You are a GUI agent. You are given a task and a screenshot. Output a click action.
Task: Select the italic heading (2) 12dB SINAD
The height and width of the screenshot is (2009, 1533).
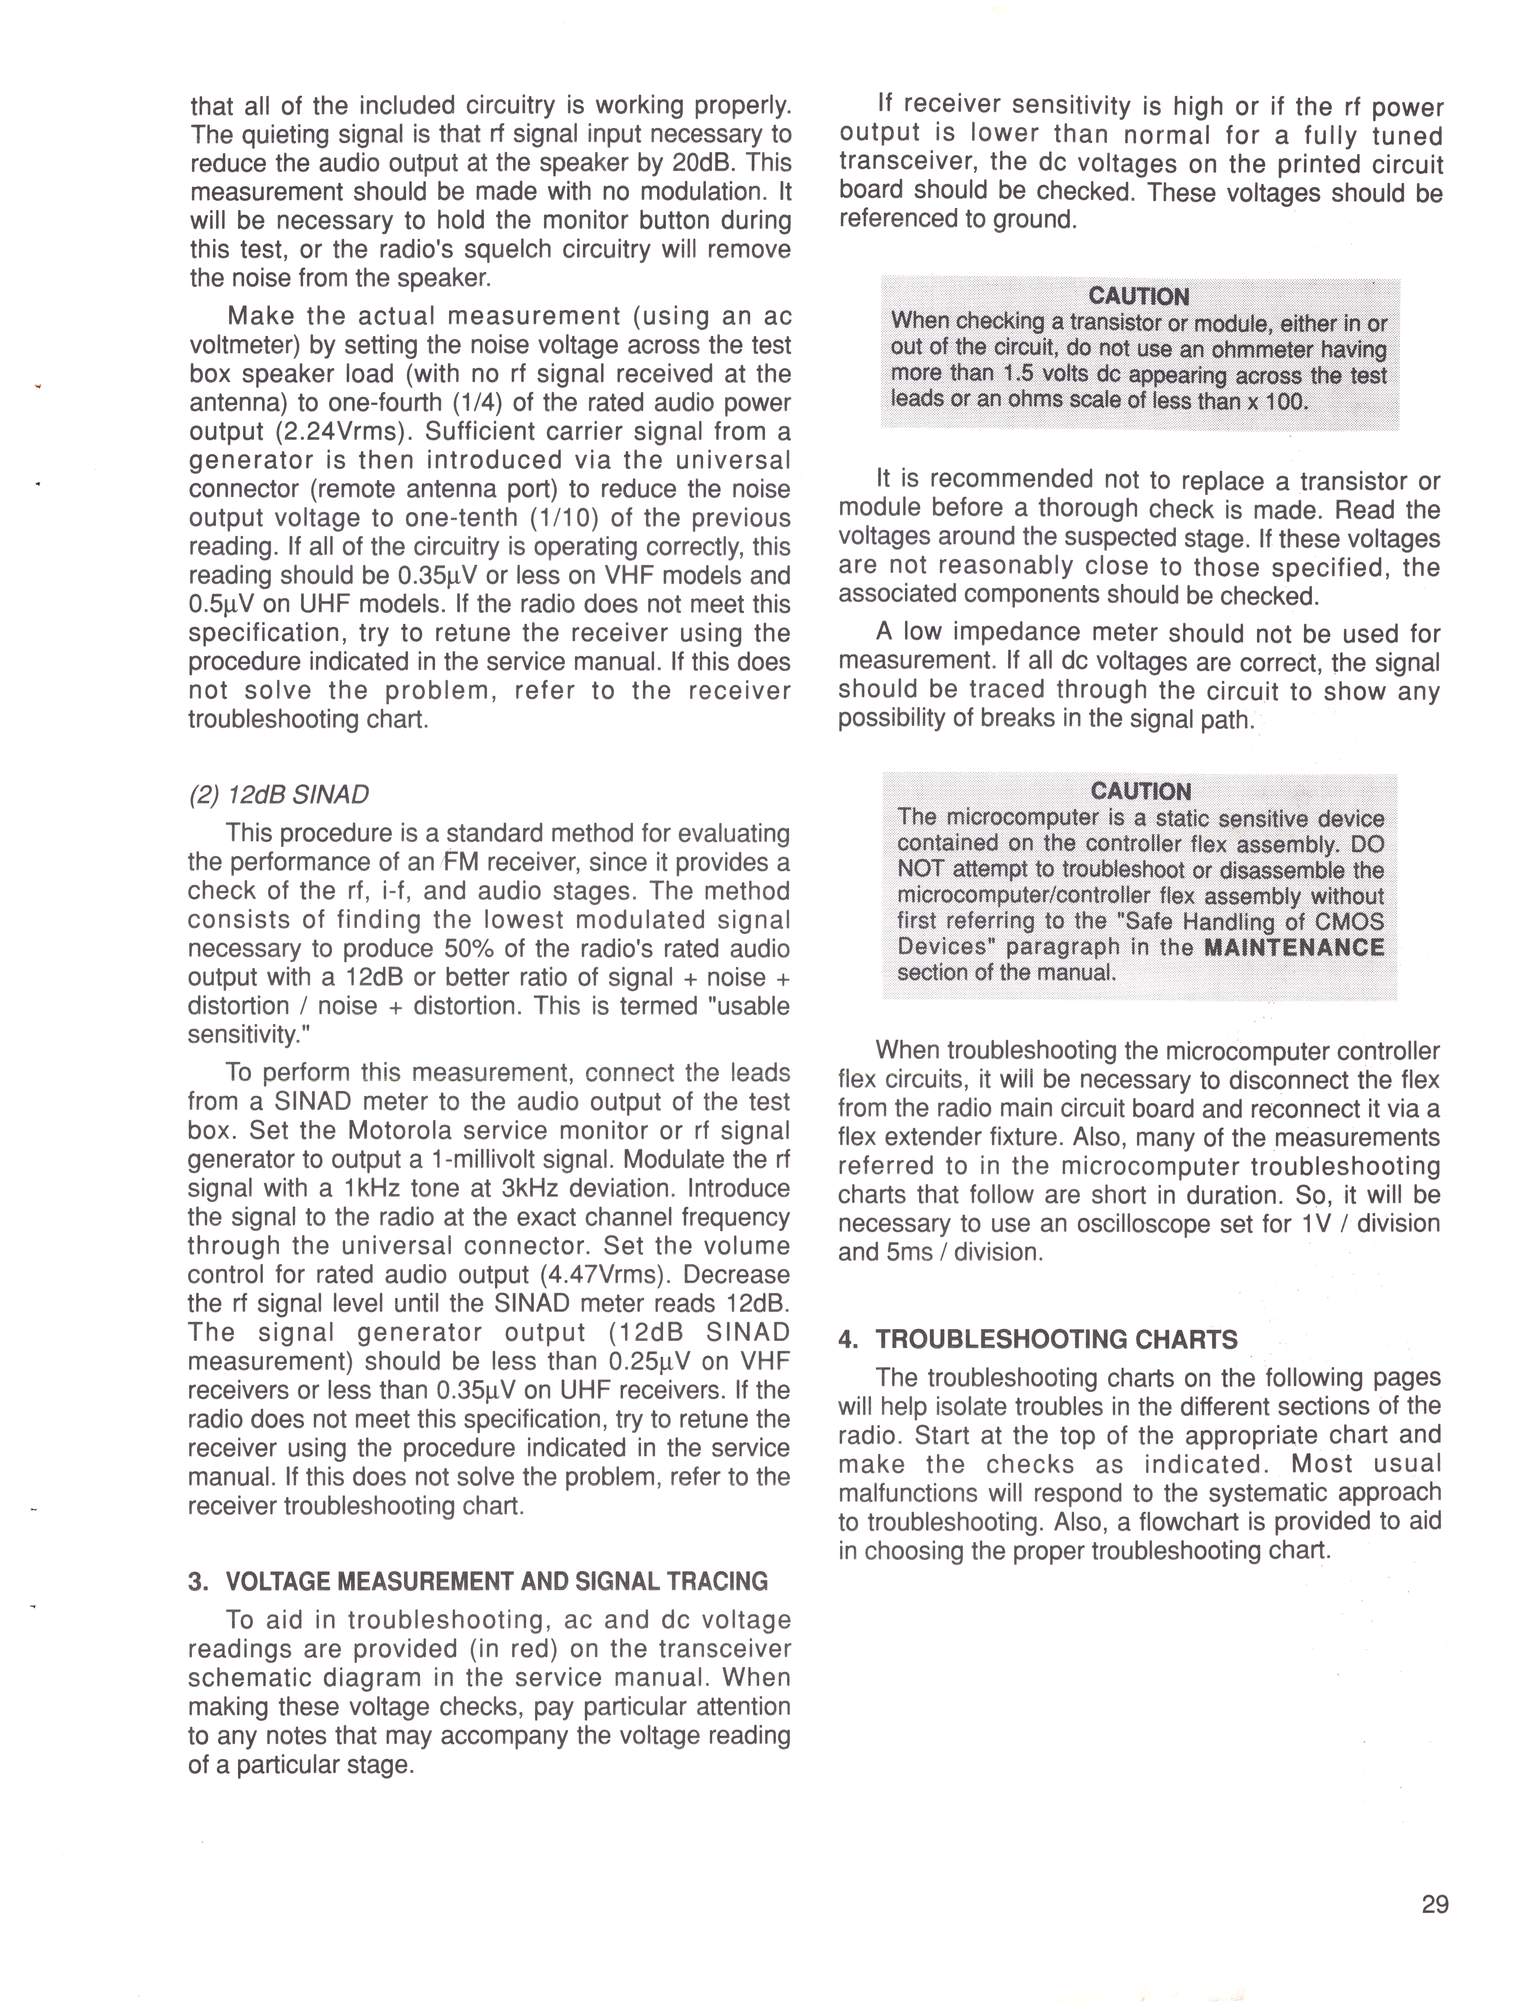point(278,795)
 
